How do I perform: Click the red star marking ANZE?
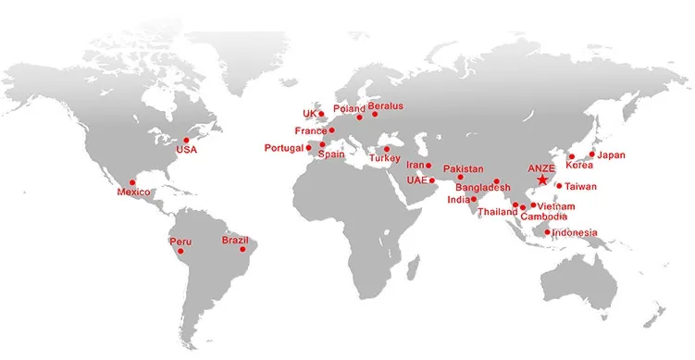[541, 180]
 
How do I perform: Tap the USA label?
[186, 150]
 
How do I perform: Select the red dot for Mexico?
[132, 182]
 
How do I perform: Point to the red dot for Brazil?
[243, 249]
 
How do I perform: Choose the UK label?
[309, 114]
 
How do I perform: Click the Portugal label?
[283, 148]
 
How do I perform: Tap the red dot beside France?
[331, 130]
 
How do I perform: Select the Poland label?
[349, 108]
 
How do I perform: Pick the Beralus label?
[386, 106]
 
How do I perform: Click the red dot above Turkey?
[387, 148]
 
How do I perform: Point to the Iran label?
[415, 165]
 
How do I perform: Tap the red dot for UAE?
[431, 180]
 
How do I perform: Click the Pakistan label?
[463, 168]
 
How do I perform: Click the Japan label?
[612, 155]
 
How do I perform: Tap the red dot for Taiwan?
[560, 186]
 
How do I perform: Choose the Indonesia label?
[575, 232]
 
